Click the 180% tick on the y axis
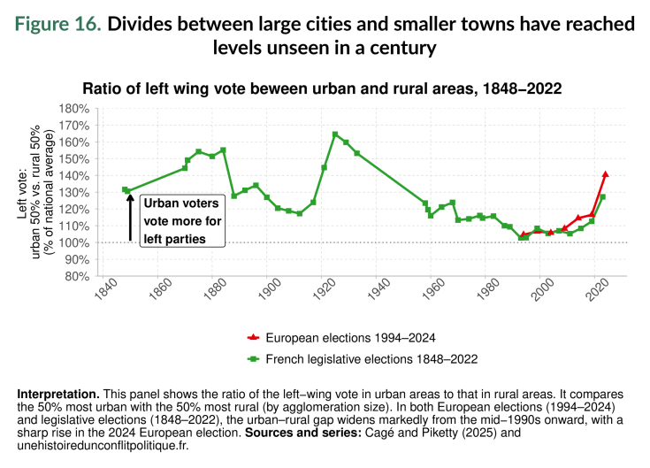click(75, 109)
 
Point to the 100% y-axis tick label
click(75, 242)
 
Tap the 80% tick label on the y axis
click(78, 276)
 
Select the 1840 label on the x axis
click(103, 292)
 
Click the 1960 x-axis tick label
click(434, 292)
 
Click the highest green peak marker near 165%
click(335, 134)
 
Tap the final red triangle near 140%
click(606, 174)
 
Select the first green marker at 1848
click(125, 189)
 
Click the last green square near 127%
click(603, 196)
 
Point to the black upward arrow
click(130, 217)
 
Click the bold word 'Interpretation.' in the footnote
click(57, 393)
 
